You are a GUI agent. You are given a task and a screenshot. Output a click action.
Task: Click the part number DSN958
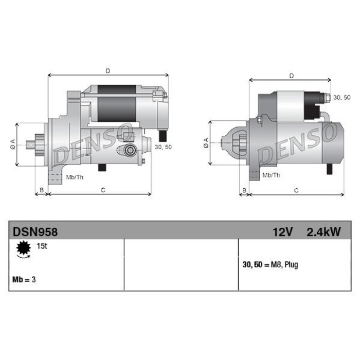(x=35, y=232)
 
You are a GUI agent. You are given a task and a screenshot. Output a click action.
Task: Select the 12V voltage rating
(x=283, y=232)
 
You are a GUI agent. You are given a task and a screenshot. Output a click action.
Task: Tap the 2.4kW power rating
(x=323, y=232)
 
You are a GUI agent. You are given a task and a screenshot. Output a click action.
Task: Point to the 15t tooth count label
(x=42, y=246)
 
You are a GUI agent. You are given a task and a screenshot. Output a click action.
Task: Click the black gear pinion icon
(x=24, y=248)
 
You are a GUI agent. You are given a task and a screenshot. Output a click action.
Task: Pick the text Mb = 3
(x=24, y=279)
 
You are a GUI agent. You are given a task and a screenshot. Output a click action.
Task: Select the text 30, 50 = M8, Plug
(x=270, y=265)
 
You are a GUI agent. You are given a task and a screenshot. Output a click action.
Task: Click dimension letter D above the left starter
(x=108, y=71)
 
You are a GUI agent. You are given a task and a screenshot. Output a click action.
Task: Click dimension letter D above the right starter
(x=292, y=76)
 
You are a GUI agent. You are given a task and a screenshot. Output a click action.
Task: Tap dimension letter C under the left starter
(x=103, y=190)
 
